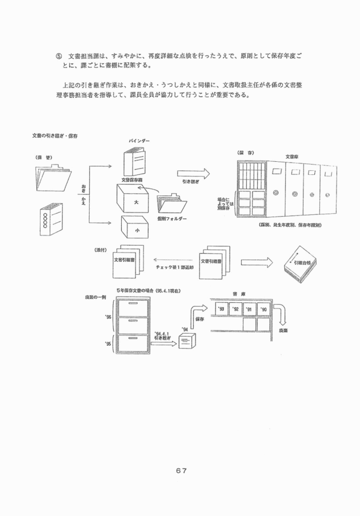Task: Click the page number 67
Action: pyautogui.click(x=181, y=470)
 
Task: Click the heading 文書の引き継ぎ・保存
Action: pyautogui.click(x=55, y=136)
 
